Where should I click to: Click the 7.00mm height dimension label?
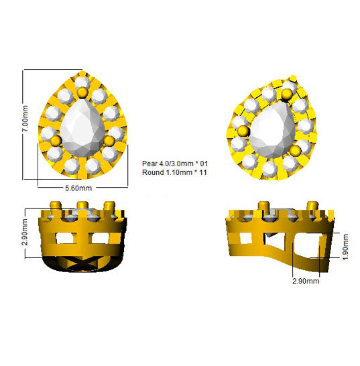[x=25, y=119]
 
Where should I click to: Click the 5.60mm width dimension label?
[x=78, y=188]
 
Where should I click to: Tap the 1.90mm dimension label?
[x=346, y=247]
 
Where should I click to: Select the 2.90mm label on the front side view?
[x=24, y=232]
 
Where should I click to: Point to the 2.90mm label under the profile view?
[x=306, y=281]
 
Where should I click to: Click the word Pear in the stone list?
[x=149, y=164]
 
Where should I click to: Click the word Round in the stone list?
[x=153, y=172]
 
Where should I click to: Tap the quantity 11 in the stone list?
[x=203, y=172]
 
